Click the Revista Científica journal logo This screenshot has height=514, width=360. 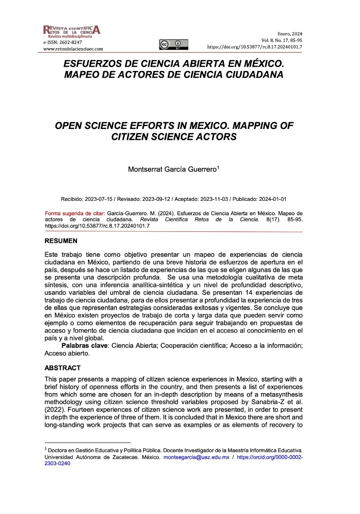pos(71,31)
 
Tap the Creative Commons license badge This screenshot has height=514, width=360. pos(173,45)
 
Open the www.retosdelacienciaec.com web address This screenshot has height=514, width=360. pos(73,49)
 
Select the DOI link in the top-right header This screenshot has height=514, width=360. pos(254,47)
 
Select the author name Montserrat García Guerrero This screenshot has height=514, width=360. pos(172,169)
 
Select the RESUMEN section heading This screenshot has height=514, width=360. pos(61,241)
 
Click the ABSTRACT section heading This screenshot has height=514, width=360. pos(62,368)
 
